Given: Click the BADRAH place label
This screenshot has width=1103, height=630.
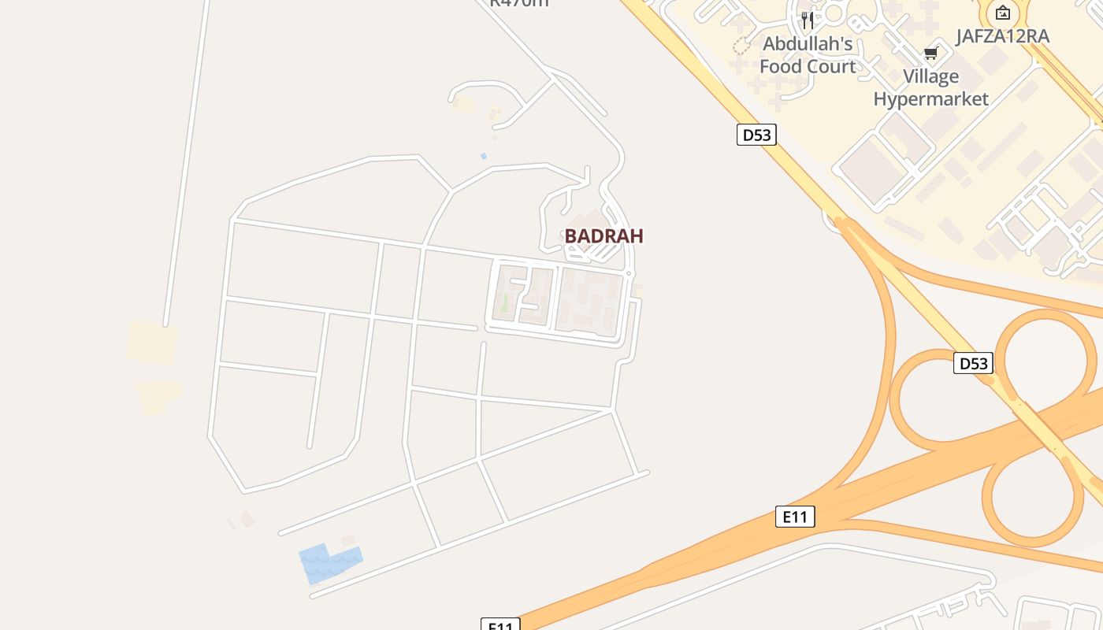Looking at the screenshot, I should point(603,235).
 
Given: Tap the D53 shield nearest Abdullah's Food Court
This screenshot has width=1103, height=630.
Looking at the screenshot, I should point(756,135).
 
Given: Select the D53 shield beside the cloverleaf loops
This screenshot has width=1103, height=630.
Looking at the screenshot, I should point(972,363).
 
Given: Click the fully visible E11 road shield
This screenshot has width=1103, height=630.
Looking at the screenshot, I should point(795,517).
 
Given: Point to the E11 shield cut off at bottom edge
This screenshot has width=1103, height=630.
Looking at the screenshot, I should point(500,624).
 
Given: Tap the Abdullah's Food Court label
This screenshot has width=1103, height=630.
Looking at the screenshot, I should point(807,55).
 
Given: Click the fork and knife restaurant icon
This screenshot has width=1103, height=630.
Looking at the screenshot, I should point(807,20).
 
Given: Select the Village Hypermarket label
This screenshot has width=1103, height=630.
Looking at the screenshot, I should point(930,87).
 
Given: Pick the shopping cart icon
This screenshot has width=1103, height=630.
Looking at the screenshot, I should point(930,54).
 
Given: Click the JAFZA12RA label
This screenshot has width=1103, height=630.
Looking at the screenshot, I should point(1002,36).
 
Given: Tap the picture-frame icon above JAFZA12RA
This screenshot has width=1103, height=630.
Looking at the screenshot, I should point(1002,13).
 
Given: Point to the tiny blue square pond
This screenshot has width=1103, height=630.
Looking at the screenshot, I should point(483,156).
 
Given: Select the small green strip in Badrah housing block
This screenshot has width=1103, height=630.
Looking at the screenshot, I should point(504,302).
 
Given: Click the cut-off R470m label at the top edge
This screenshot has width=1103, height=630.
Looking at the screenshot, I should point(518,3).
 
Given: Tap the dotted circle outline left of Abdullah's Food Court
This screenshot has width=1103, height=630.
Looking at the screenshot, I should point(741,46).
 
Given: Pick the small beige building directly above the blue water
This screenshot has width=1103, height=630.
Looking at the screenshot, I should point(348,540).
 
